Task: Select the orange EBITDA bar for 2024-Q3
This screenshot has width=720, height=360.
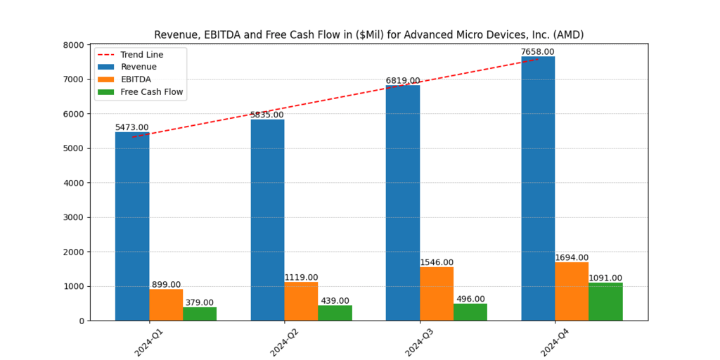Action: tap(437, 294)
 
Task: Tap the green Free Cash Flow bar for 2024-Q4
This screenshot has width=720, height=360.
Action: tap(605, 302)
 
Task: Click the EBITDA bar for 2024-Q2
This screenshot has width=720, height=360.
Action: tap(301, 301)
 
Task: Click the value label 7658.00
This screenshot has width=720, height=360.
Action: tap(538, 52)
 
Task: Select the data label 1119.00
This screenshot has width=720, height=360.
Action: tap(301, 278)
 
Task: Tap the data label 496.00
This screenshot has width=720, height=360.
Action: tap(470, 299)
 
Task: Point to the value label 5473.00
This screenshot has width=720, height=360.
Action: tap(132, 127)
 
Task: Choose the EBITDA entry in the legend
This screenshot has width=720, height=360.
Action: tap(136, 79)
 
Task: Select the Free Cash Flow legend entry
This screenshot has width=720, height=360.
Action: tap(152, 92)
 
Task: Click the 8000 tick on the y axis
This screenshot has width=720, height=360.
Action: tap(73, 45)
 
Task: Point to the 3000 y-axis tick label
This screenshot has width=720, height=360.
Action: tap(73, 217)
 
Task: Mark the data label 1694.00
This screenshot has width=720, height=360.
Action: tap(572, 258)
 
